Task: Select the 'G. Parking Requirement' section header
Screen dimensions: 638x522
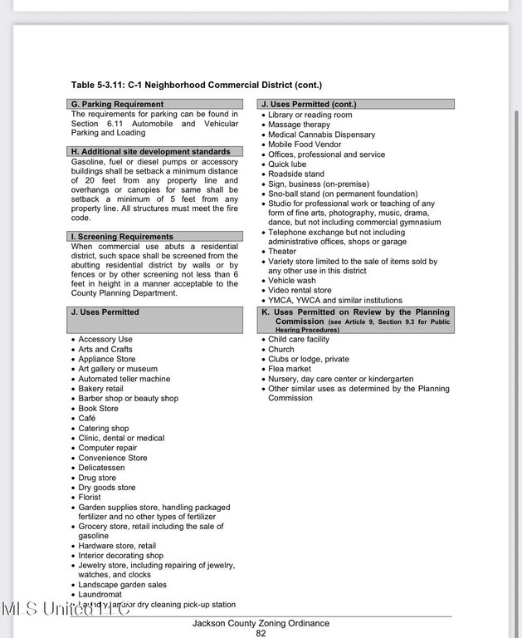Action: coord(117,105)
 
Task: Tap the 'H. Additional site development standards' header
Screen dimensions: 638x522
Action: coord(151,152)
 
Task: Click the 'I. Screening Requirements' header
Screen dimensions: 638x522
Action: coord(122,237)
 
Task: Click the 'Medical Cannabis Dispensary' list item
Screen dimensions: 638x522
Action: coord(321,135)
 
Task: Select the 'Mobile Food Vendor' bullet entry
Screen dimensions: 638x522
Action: coord(305,145)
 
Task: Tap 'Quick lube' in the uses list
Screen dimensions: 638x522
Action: coord(287,164)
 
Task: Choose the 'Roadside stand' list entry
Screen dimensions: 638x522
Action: coord(296,174)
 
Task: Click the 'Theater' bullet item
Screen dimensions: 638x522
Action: coord(282,252)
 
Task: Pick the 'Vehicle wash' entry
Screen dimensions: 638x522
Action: coord(291,281)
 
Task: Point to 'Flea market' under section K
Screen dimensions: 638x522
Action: coord(290,369)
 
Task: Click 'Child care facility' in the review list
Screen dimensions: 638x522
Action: coord(299,339)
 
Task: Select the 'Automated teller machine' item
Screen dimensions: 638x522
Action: coord(124,379)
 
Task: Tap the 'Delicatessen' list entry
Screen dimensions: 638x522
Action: coord(102,468)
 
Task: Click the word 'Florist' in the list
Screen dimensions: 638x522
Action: coord(90,498)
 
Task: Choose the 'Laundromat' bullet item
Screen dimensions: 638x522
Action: coord(100,595)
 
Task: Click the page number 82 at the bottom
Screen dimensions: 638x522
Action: coord(261,633)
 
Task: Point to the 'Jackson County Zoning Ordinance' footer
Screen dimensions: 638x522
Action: coord(261,623)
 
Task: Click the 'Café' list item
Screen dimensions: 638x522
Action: coord(87,419)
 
